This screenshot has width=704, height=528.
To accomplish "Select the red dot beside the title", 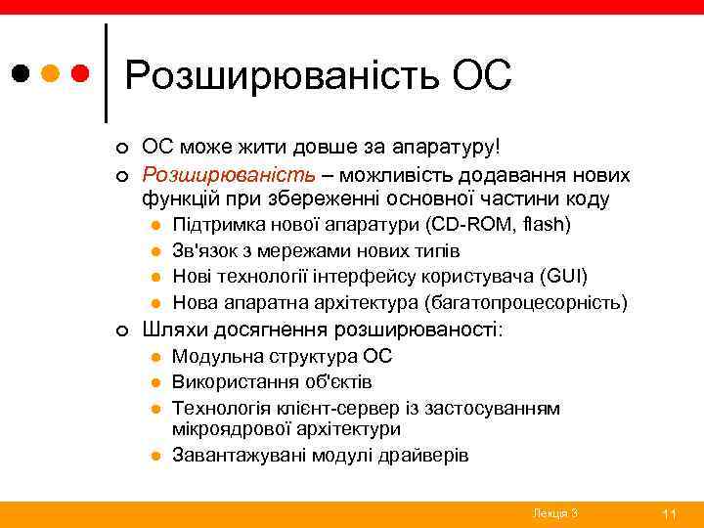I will coord(81,73).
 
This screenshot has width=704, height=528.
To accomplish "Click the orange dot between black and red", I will coord(52,73).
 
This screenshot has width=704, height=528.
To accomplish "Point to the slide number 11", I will coord(670,513).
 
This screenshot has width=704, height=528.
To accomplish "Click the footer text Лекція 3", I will coord(555,513).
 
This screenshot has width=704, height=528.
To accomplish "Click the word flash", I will coord(548,225).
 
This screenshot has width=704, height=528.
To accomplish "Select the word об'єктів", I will coord(337,382).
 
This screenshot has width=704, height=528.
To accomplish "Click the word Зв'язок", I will coord(202,251).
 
